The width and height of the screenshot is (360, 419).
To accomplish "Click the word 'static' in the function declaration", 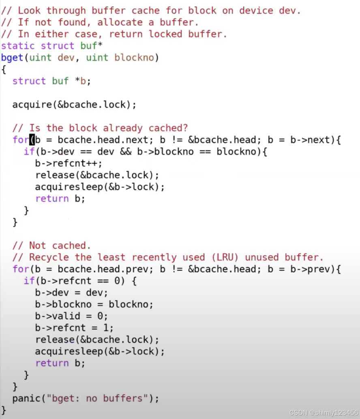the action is tap(17, 46).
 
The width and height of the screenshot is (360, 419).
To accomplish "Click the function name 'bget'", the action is tap(12, 58).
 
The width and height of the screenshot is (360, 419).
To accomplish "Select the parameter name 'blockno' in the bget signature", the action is tap(134, 58).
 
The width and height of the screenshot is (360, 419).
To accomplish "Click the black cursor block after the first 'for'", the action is tap(32, 140).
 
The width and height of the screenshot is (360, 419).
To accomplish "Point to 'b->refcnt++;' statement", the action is tap(69, 163).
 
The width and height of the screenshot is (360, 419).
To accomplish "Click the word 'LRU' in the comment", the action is tap(225, 257).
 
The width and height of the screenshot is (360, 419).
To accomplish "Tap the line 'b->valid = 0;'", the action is tap(71, 316).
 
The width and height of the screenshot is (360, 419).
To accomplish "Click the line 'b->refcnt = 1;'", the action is tap(74, 328).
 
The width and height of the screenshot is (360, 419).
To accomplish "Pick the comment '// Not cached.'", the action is tap(51, 246).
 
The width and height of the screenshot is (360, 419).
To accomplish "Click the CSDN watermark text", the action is tap(324, 412).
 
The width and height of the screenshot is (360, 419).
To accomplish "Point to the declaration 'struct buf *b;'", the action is tap(51, 81).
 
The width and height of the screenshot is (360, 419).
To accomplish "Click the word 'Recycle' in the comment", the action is tap(49, 257).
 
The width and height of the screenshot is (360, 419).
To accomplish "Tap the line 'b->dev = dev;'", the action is tap(71, 293).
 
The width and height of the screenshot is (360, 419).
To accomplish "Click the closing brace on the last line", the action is tap(4, 410).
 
